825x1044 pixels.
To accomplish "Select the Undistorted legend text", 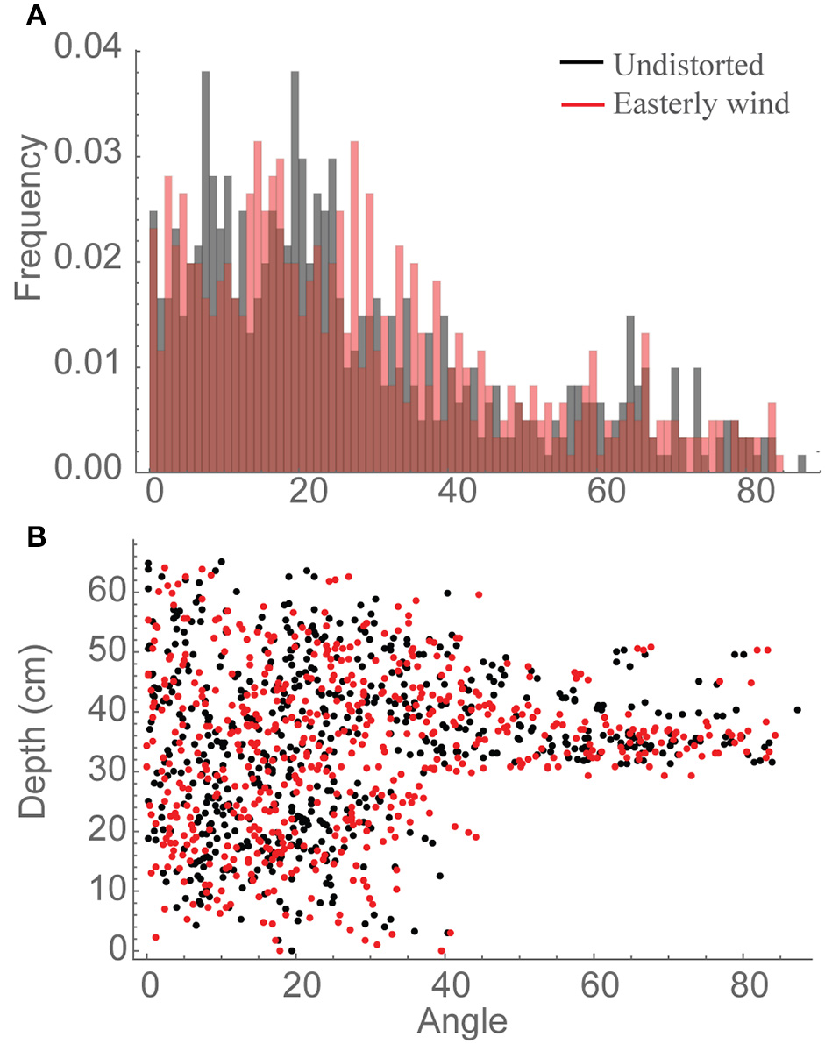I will tap(688, 65).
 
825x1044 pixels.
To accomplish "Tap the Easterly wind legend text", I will tap(701, 104).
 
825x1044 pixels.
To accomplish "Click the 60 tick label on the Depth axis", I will tap(102, 589).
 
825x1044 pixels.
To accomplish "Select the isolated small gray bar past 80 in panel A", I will tap(800, 464).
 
